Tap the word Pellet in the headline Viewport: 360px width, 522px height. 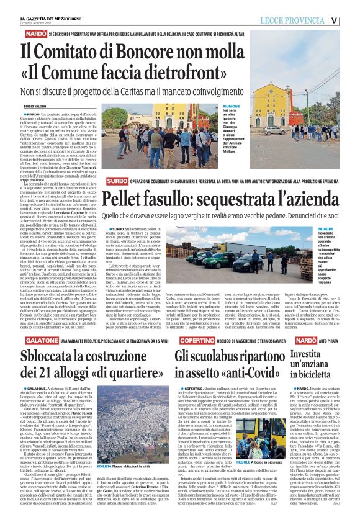coord(124,199)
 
